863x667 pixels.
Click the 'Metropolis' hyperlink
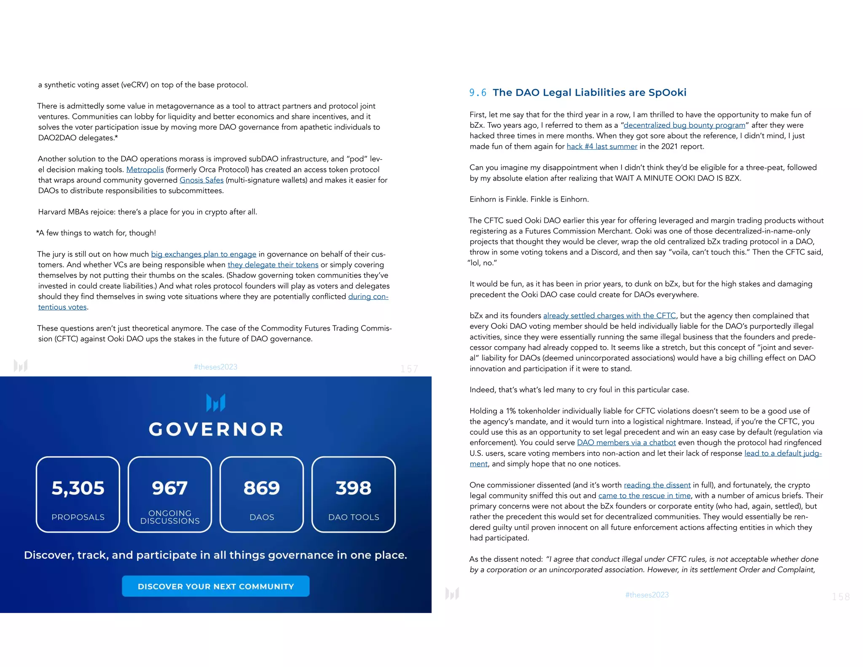tap(145, 169)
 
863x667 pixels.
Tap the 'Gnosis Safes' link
tap(201, 180)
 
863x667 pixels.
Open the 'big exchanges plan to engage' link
tap(204, 254)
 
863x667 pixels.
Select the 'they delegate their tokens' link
tap(273, 265)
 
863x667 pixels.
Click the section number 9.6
tap(477, 93)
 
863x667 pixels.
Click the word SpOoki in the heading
tap(667, 93)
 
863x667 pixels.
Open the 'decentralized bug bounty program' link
tap(684, 125)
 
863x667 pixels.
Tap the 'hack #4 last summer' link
tap(602, 146)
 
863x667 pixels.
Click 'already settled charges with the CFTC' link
tap(609, 316)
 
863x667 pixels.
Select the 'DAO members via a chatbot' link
tap(626, 443)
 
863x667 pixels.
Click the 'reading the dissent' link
tap(657, 485)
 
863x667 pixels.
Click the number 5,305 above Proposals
tap(78, 488)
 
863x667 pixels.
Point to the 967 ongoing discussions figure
tap(170, 488)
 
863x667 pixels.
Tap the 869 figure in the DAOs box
tap(262, 488)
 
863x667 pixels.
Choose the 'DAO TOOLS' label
tap(354, 517)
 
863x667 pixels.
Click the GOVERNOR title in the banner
tap(216, 429)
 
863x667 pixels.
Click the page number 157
tap(409, 369)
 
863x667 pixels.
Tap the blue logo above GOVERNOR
tap(216, 403)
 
